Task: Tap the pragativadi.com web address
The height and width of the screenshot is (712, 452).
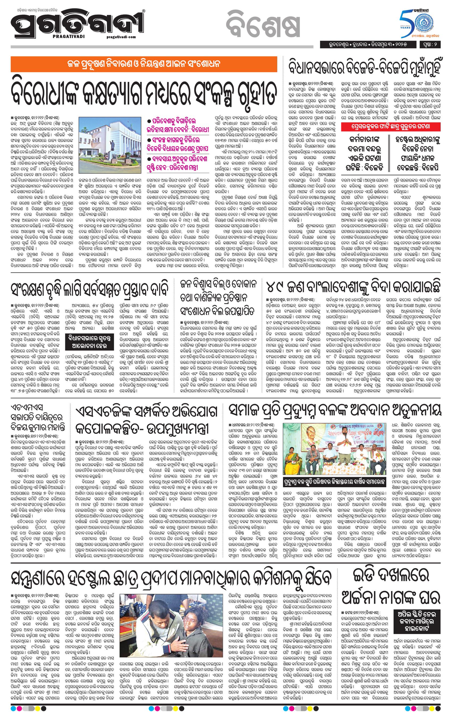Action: point(120,37)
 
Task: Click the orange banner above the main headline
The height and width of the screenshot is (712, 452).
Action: point(144,64)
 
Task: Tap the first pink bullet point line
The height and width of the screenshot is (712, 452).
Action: point(179,125)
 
